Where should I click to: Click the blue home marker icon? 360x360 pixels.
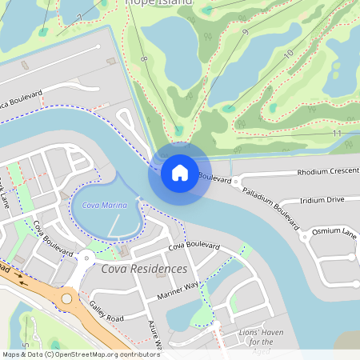179,172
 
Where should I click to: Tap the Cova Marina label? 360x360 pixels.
105,206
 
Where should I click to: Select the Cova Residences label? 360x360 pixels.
144,269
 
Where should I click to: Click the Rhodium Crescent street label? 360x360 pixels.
326,172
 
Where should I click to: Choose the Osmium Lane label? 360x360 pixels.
334,232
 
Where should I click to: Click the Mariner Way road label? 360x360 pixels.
178,290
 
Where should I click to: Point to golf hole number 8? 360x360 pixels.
144,60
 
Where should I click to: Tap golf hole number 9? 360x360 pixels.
244,32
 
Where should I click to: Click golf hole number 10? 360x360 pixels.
288,54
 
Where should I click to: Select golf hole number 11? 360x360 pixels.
337,133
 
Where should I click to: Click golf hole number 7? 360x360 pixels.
79,17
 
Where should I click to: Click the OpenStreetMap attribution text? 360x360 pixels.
80,354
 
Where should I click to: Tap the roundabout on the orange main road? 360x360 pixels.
66,299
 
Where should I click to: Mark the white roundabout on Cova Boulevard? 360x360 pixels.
86,257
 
